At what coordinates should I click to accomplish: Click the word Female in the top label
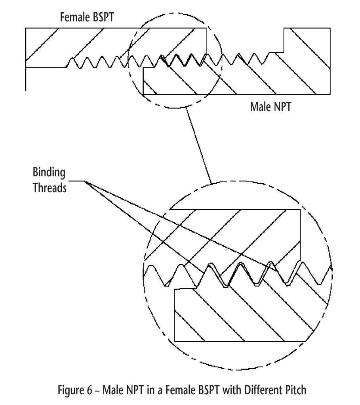pos(74,18)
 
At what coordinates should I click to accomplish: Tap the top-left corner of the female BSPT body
pos(26,28)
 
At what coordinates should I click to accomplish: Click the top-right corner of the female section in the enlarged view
pos(301,210)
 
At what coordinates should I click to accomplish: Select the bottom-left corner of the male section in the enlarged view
pos(175,341)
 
